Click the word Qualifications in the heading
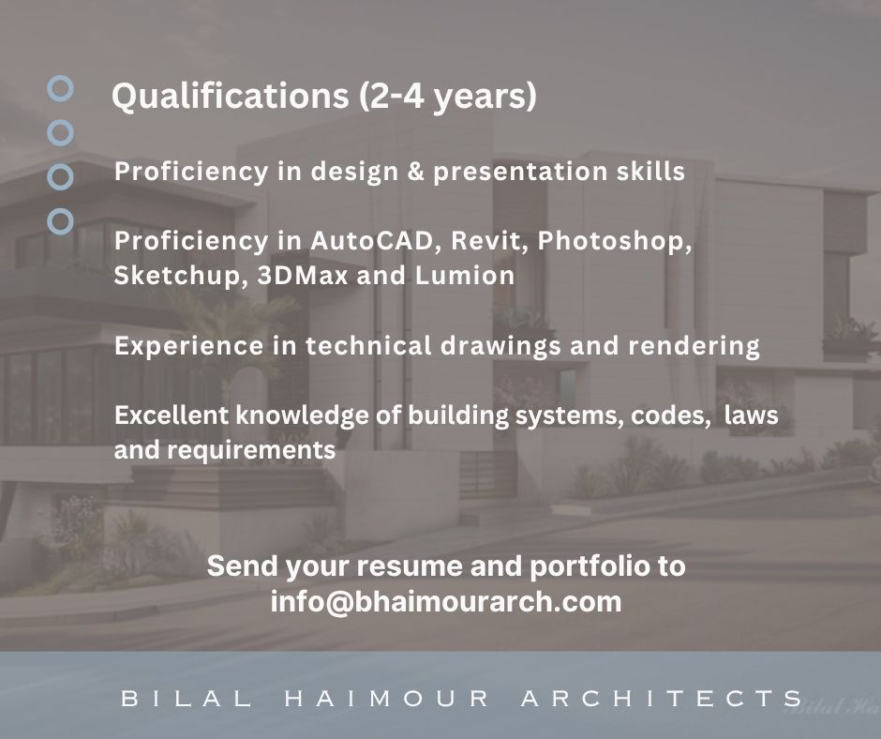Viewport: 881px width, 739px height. click(x=231, y=97)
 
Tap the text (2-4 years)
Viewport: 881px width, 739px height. click(x=448, y=97)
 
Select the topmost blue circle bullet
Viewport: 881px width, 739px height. click(x=60, y=88)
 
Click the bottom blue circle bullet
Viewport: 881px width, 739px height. click(x=60, y=221)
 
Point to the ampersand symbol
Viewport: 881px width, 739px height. click(x=416, y=172)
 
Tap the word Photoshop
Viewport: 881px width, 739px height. click(x=615, y=242)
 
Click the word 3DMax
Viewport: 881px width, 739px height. click(x=303, y=276)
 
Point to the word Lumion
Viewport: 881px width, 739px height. click(x=465, y=276)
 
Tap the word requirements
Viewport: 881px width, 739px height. click(x=251, y=451)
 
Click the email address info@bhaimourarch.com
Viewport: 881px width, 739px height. click(x=446, y=601)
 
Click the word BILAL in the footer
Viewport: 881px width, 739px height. click(x=187, y=699)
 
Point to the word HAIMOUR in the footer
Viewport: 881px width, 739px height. click(x=386, y=699)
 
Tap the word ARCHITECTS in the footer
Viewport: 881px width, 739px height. click(x=663, y=699)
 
